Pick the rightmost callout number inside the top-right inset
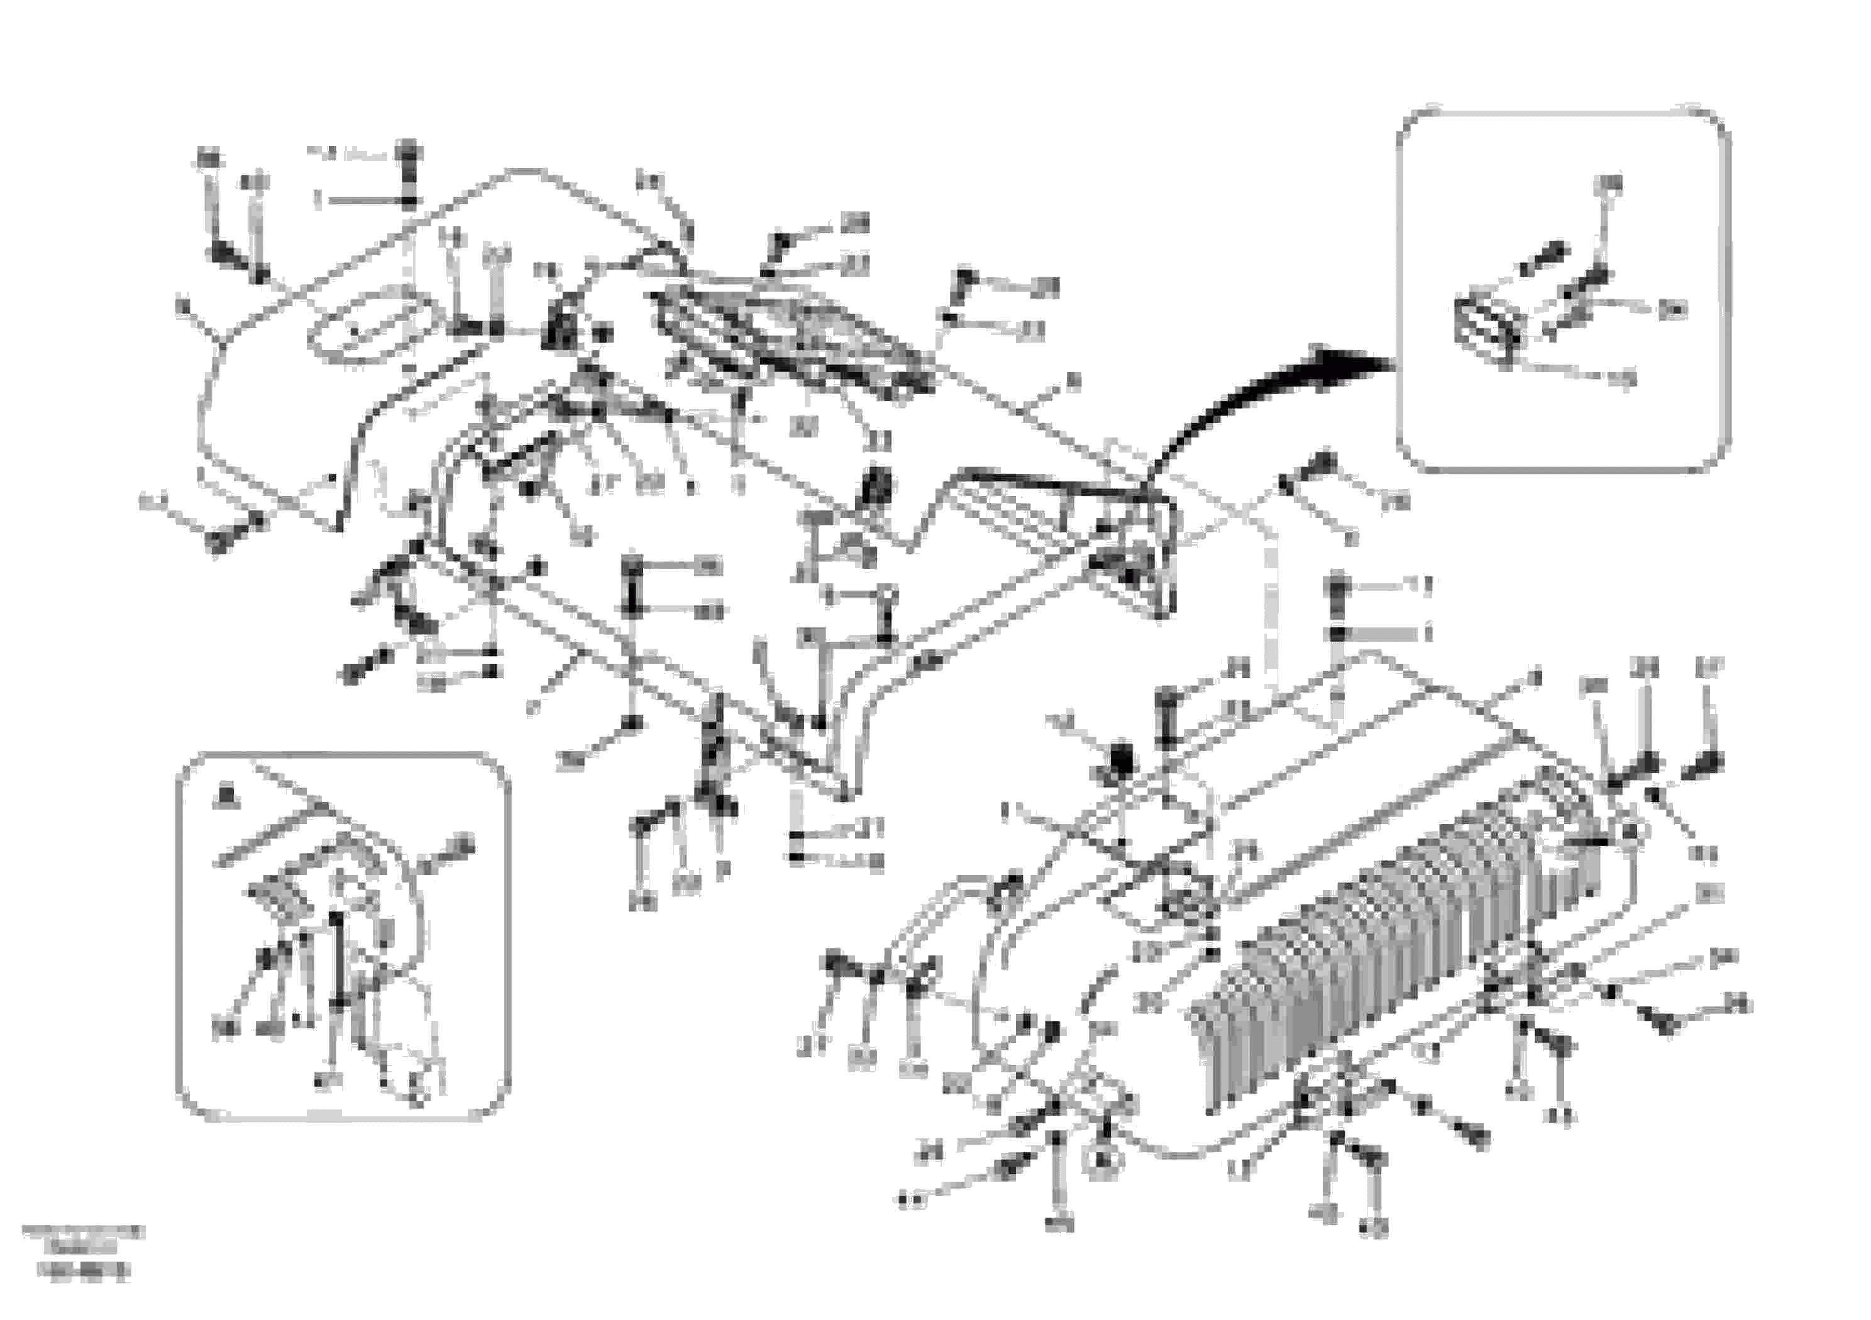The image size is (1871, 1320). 1673,310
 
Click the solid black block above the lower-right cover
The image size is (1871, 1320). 1120,759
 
